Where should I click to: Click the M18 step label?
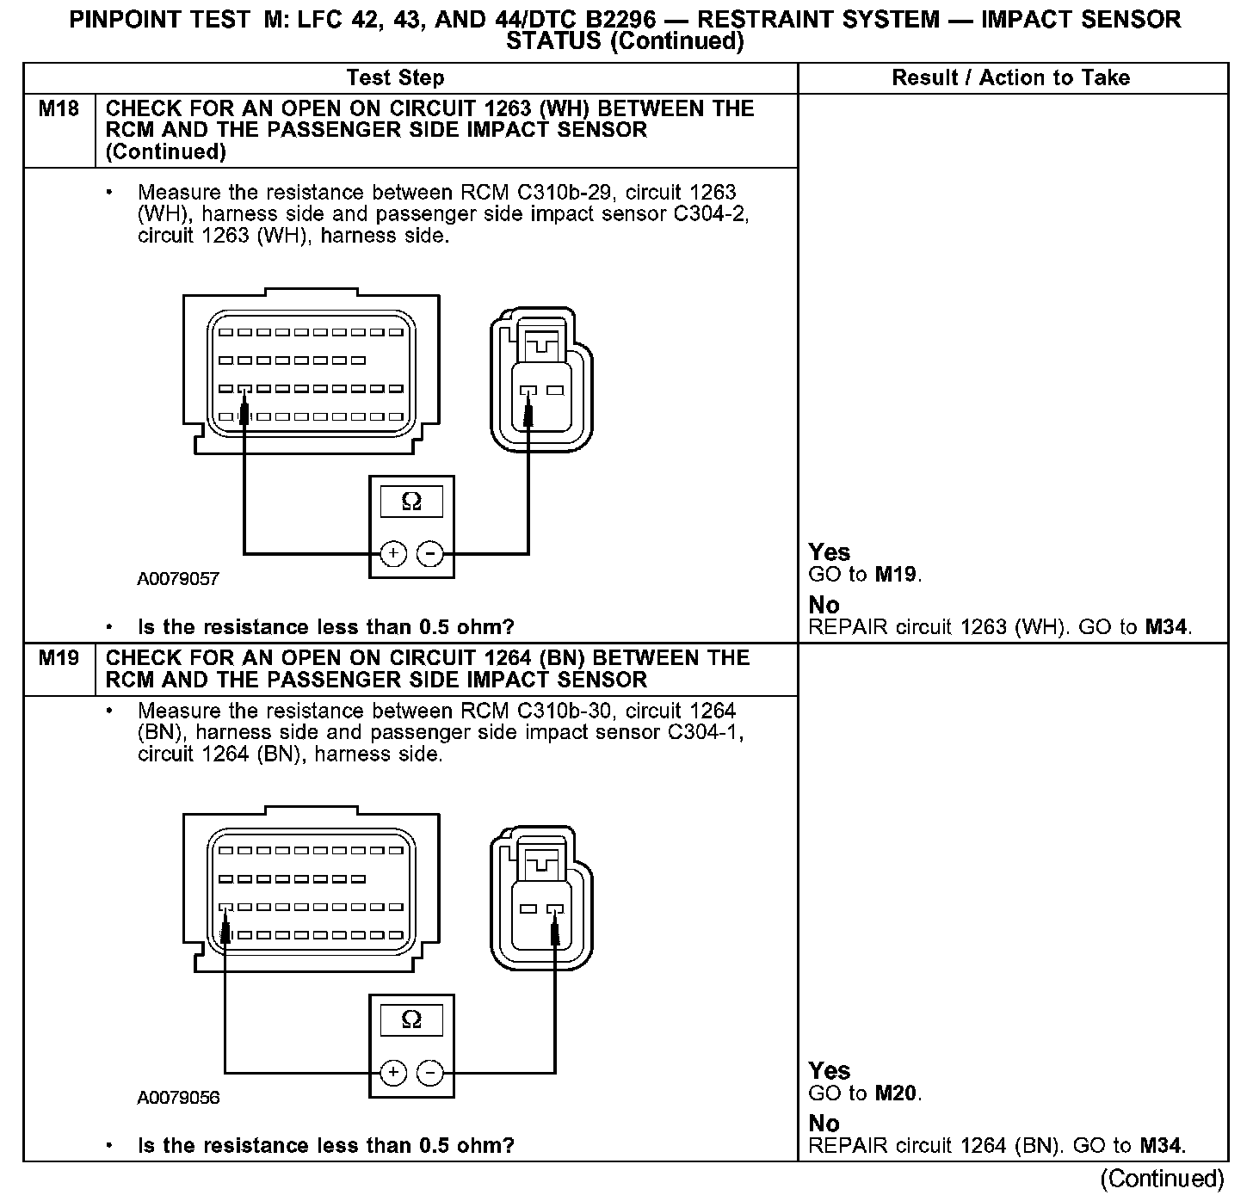[x=59, y=109]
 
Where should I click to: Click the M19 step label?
[x=59, y=659]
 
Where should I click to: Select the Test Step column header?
[x=395, y=78]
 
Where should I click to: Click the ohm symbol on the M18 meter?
[x=411, y=502]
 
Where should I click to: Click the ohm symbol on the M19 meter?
[x=411, y=1020]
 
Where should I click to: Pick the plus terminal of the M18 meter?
[x=392, y=554]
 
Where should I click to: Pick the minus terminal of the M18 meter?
[x=430, y=554]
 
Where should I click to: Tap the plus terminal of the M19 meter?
[x=392, y=1073]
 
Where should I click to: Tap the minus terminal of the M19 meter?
[x=430, y=1073]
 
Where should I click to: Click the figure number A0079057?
[x=178, y=579]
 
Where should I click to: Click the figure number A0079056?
[x=178, y=1099]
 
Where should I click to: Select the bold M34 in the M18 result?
[x=1167, y=627]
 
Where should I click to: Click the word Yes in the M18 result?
[x=829, y=552]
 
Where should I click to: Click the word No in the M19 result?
[x=824, y=1124]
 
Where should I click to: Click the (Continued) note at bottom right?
[x=1161, y=1178]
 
